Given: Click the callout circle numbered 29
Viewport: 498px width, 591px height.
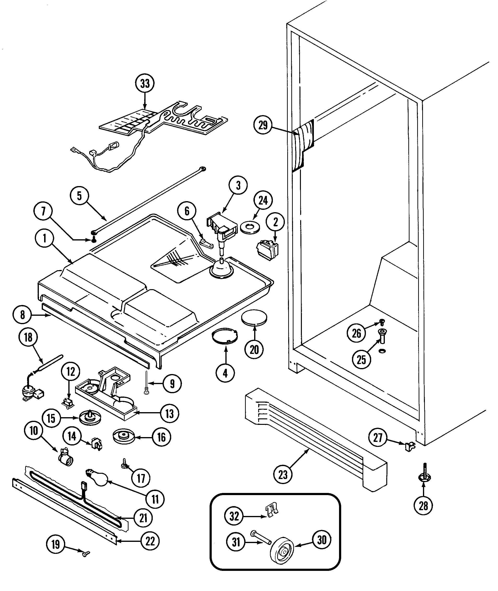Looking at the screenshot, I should [x=263, y=125].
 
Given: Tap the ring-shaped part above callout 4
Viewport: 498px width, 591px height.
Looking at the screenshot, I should [x=225, y=336].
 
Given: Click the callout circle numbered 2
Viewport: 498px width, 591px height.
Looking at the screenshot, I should [x=275, y=222].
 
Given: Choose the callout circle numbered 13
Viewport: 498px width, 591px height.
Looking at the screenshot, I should [x=169, y=414].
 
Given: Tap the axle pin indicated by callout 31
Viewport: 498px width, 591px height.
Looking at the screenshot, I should [x=260, y=537].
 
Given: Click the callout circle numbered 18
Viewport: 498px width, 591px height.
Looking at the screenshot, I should [x=28, y=337].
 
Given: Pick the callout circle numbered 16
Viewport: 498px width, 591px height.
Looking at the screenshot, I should [x=161, y=437].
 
